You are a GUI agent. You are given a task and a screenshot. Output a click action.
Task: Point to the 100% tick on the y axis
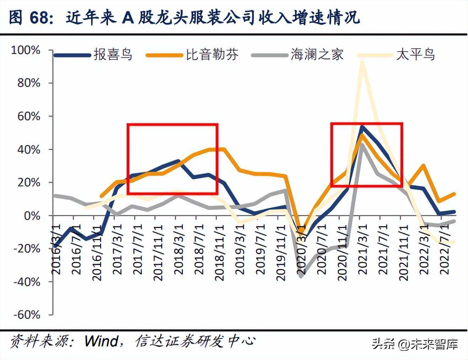[26, 50]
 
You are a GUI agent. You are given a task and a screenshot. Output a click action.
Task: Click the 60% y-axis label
[28, 116]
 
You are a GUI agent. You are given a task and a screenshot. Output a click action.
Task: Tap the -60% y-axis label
[27, 315]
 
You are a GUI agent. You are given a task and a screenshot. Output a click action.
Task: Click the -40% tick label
[27, 282]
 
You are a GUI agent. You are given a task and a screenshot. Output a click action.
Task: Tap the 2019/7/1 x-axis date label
[261, 249]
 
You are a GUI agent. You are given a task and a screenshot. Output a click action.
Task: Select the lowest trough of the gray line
[302, 276]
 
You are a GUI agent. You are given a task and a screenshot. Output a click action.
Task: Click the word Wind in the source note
[101, 341]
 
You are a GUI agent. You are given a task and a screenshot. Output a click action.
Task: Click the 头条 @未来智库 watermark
[415, 344]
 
